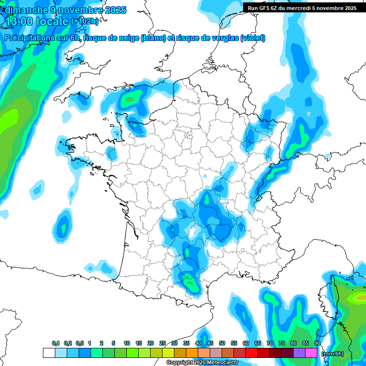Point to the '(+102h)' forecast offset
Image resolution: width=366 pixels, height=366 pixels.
(85, 21)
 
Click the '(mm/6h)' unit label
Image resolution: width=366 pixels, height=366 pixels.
(333, 353)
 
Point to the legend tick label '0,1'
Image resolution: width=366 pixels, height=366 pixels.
(56, 343)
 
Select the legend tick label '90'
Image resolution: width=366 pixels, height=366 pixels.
(317, 343)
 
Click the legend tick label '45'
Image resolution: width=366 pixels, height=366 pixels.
(210, 343)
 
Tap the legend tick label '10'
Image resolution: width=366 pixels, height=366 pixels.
(127, 343)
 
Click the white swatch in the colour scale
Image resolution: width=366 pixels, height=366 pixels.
(49, 353)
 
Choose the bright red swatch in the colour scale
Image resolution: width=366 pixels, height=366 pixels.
(252, 353)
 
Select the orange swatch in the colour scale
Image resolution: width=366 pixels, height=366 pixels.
(192, 353)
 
